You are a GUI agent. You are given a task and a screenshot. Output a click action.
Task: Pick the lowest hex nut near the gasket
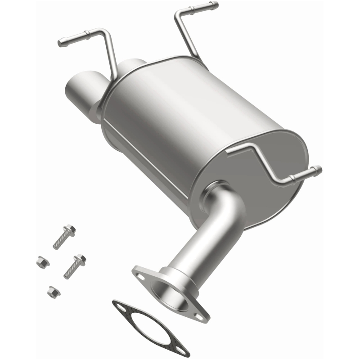(x=51, y=291)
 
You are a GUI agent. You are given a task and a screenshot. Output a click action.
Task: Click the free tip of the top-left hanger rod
(x=61, y=44)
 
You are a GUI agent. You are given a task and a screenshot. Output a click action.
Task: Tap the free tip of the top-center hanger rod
(x=215, y=5)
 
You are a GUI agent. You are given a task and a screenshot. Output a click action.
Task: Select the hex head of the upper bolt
(x=70, y=229)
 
